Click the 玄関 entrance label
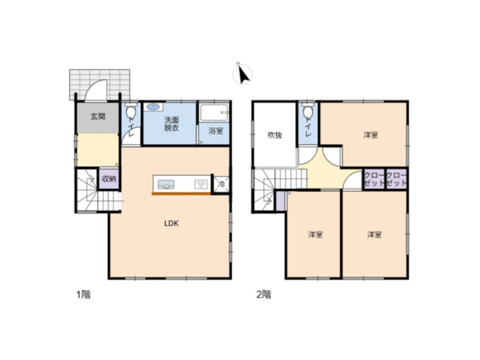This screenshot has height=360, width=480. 98,117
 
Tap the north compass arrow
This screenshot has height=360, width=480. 244,75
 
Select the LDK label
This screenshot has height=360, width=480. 171,224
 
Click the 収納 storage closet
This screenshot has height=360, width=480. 109,179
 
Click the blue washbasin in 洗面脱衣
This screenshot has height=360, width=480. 153,107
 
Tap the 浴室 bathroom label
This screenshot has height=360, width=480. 216,131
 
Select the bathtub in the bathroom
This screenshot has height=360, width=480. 214,113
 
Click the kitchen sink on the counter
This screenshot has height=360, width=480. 166,185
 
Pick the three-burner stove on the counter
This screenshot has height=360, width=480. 201,184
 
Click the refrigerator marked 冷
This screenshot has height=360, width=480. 221,184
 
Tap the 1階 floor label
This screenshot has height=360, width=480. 83,295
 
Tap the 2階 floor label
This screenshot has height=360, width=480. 264,295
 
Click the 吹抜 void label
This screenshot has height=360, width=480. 275,135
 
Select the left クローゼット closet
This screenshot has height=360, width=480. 374,179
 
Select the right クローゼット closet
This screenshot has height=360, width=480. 396,179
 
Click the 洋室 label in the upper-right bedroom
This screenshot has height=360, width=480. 371,135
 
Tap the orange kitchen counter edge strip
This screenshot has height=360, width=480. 181,193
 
